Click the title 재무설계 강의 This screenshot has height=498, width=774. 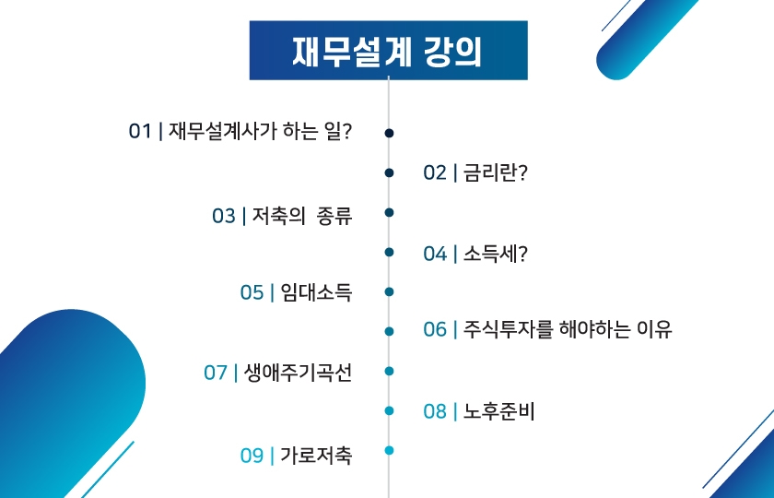[388, 50]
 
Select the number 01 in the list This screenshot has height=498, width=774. [140, 132]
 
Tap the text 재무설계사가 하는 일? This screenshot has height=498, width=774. [261, 132]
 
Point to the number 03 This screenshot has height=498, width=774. [224, 216]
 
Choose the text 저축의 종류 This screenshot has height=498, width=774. [302, 216]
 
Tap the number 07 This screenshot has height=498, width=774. [216, 373]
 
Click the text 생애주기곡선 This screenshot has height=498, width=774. [299, 373]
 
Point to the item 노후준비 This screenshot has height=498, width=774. [500, 411]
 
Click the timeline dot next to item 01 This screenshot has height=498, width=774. [389, 133]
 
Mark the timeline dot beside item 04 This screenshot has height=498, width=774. [389, 252]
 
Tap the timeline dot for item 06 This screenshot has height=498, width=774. [389, 330]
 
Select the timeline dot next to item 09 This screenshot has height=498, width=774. [389, 451]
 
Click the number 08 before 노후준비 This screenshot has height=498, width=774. [435, 411]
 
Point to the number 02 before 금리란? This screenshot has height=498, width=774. [435, 173]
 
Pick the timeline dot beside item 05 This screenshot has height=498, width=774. [389, 291]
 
